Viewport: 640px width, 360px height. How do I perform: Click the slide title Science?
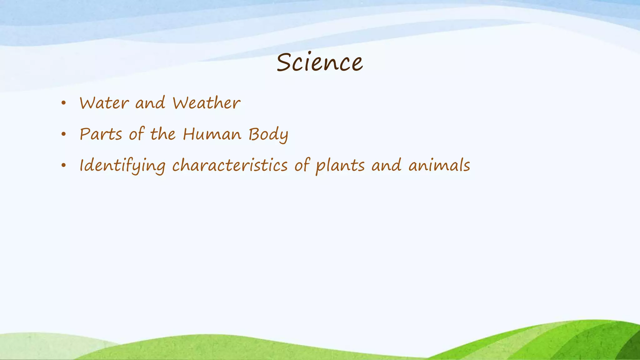tap(319, 62)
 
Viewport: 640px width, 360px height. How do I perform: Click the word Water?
tap(104, 103)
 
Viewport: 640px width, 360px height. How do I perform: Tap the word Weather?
tap(206, 103)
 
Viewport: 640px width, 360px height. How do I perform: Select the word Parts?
tap(101, 134)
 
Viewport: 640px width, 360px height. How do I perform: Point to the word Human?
tap(212, 134)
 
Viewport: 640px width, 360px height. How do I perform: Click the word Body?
tap(268, 135)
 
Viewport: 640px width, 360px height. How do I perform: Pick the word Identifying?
tap(122, 166)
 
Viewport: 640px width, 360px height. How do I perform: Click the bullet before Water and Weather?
tap(64, 103)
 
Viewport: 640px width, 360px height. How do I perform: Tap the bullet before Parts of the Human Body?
tap(64, 134)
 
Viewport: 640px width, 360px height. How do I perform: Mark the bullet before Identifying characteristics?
tap(64, 165)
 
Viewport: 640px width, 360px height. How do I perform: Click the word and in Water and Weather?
tap(150, 103)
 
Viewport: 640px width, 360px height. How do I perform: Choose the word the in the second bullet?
tap(163, 134)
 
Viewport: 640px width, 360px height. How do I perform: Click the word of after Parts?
tap(137, 134)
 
